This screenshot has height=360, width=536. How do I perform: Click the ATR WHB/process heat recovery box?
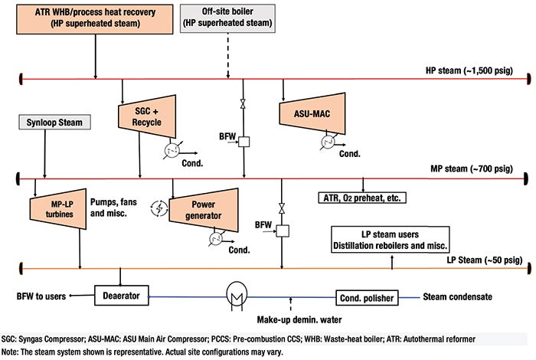[95, 19]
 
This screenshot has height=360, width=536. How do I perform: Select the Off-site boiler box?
[227, 18]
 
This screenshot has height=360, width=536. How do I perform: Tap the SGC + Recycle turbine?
[147, 116]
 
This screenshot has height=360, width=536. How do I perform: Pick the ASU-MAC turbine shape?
[312, 113]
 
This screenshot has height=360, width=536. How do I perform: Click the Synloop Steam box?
[54, 123]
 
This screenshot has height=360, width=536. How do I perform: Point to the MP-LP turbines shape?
[58, 209]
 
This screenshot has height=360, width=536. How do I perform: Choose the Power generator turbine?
[204, 211]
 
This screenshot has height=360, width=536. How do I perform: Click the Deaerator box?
[122, 296]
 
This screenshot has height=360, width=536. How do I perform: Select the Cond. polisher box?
[367, 298]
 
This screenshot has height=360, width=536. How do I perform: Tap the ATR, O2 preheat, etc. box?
[362, 198]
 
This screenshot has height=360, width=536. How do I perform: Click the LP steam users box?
[391, 240]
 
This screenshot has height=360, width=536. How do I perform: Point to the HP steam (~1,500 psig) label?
[469, 70]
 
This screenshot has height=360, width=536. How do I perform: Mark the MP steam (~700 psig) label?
[472, 169]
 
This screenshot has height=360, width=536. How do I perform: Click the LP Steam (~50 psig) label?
[485, 260]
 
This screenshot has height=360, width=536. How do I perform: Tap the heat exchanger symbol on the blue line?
[237, 296]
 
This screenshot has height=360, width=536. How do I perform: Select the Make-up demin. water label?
[299, 319]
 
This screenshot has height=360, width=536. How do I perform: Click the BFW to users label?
[41, 296]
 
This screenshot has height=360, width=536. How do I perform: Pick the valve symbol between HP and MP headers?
[243, 104]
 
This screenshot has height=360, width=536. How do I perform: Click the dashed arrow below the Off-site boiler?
[228, 56]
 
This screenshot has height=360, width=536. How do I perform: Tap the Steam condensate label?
[458, 296]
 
